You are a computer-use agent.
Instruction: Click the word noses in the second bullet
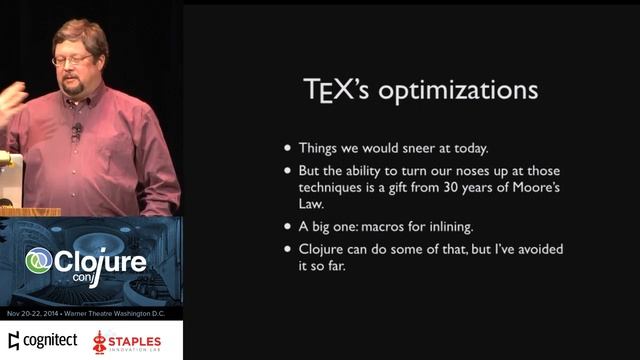click(466, 172)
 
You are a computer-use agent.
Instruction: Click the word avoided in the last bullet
click(513, 249)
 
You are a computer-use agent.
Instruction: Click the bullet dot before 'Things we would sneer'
click(289, 148)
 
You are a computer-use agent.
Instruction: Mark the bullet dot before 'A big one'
click(289, 226)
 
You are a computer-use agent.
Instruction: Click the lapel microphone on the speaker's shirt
click(76, 130)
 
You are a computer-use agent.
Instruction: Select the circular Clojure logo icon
click(40, 262)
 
